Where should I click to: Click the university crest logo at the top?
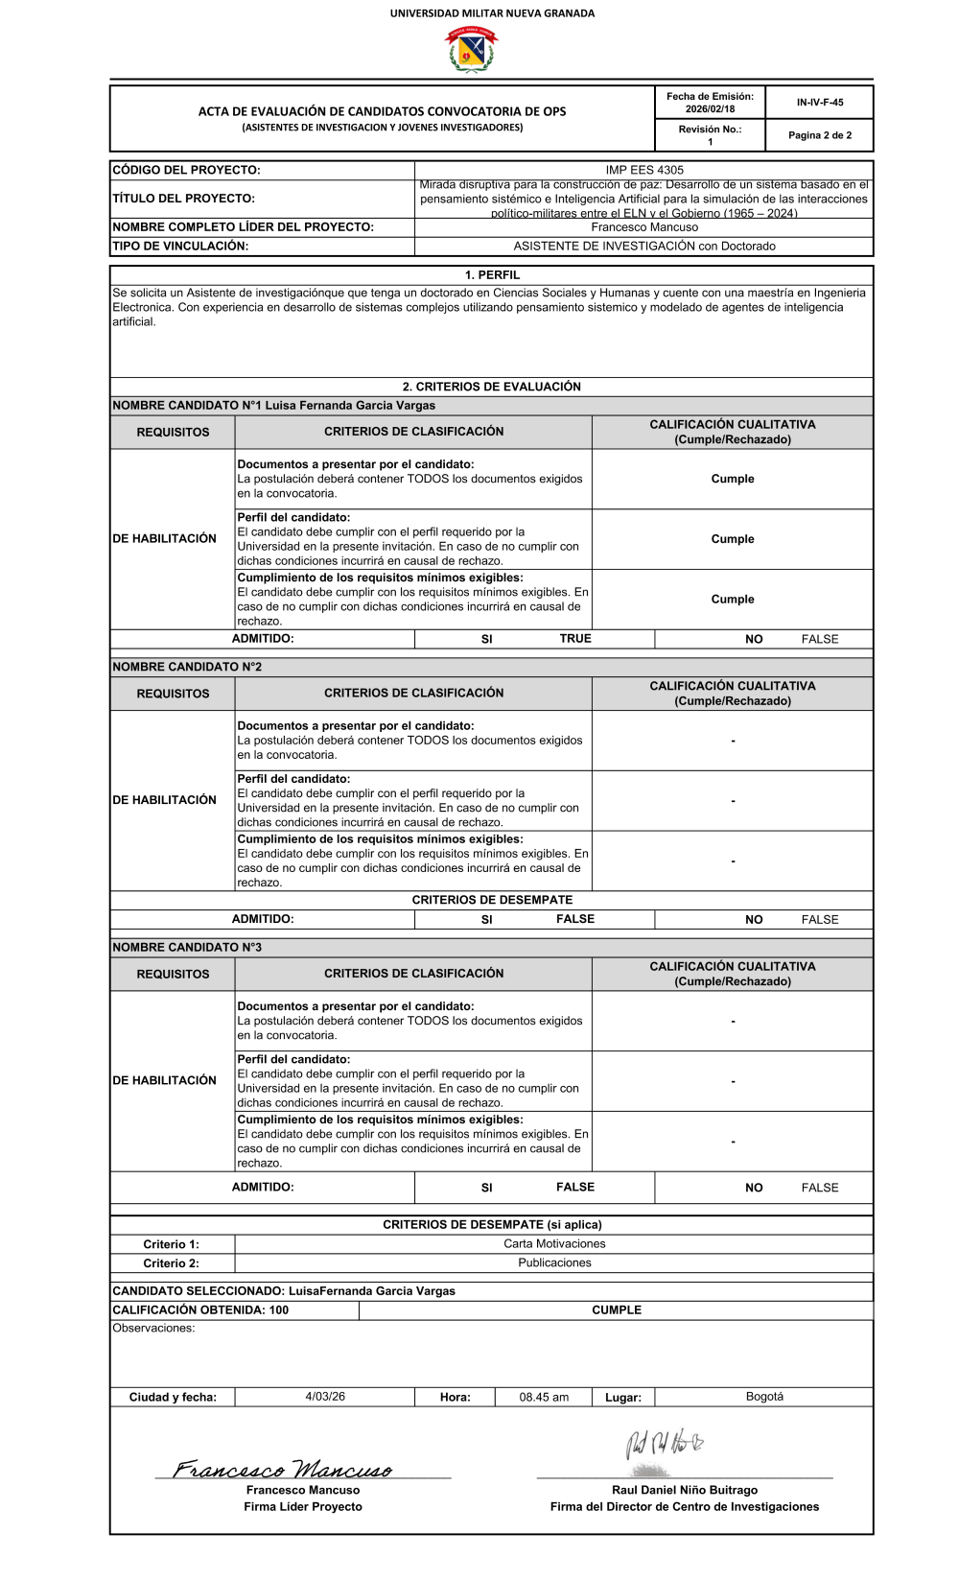pos(471,50)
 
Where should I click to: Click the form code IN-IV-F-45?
pos(820,103)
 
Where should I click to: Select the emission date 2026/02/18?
pos(710,109)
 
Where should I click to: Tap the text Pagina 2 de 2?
pos(820,135)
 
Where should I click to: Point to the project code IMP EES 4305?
pos(644,170)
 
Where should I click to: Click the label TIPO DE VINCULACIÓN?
pos(180,247)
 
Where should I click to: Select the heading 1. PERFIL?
pos(492,275)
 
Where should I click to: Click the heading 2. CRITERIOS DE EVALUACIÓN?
pos(492,387)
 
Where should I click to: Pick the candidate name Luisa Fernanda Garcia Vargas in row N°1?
pos(350,406)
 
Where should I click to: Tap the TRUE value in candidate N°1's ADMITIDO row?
pos(575,639)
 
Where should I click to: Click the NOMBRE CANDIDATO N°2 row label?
pos(187,667)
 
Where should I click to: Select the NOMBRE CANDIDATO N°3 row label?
pos(187,948)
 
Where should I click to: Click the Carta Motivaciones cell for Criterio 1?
pos(554,1244)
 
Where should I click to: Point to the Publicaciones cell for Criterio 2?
pos(554,1263)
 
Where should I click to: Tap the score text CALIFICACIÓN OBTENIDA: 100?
pos(200,1310)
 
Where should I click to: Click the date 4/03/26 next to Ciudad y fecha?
pos(325,1397)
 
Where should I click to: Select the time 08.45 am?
pos(544,1398)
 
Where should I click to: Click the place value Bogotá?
pos(764,1397)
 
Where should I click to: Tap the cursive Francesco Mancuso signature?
pos(283,1469)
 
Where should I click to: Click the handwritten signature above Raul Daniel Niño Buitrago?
pos(664,1444)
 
